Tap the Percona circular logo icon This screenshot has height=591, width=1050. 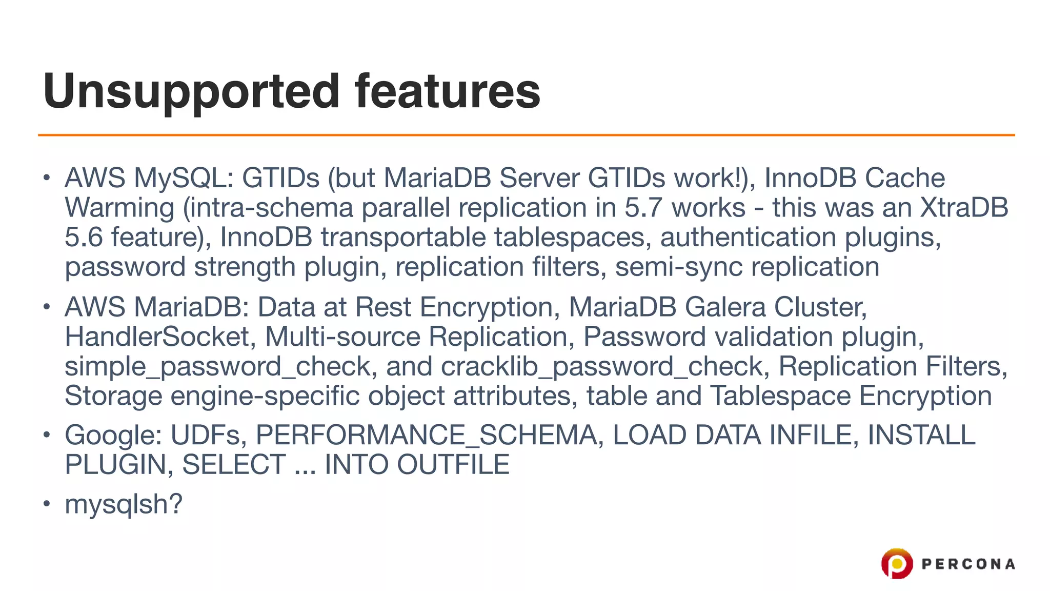coord(897,563)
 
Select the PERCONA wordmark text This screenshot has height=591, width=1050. coord(968,564)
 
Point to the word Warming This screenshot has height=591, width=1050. coord(120,208)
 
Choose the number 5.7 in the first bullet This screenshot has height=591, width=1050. coord(643,208)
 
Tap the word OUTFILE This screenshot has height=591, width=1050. coord(453,465)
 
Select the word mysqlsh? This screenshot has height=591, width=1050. coord(124,504)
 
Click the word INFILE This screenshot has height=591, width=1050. coord(814,435)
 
